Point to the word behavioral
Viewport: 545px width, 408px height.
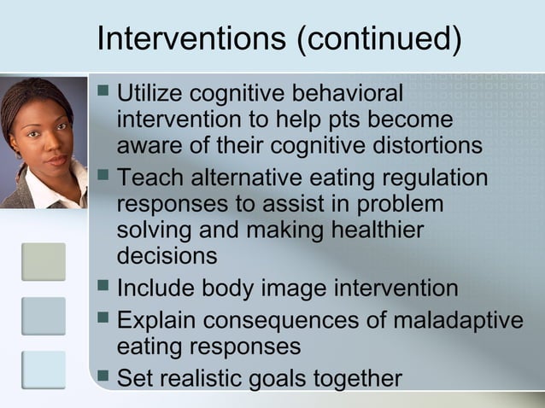(x=348, y=92)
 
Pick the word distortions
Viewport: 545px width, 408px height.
(x=425, y=145)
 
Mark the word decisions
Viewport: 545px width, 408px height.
(x=167, y=256)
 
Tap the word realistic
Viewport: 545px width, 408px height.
(x=208, y=377)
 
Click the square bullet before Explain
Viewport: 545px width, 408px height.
(x=103, y=320)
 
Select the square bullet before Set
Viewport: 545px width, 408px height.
(x=103, y=376)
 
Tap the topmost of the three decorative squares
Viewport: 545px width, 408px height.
(x=44, y=262)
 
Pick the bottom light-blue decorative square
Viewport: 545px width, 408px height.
(x=44, y=369)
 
